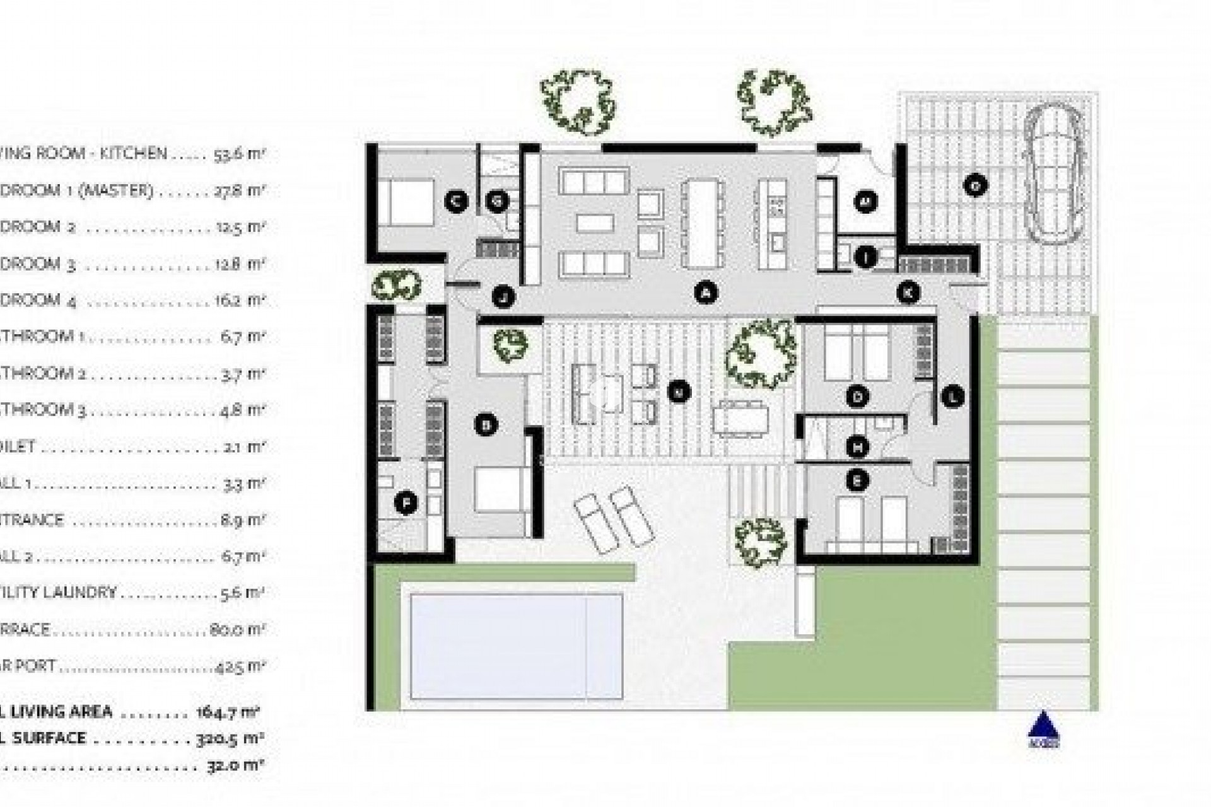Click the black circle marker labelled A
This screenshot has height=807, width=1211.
pos(706,293)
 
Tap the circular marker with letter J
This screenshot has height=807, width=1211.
pos(503,296)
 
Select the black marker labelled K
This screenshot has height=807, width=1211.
pos(908,293)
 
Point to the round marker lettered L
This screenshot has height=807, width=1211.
pos(952,397)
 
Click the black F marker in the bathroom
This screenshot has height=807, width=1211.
pos(406,503)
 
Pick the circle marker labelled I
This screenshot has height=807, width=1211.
pos(866,257)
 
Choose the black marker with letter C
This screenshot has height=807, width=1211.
pos(455,201)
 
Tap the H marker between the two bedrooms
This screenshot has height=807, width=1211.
pos(857,447)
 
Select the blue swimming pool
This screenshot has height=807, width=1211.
pos(516,646)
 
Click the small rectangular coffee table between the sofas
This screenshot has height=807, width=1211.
pos(595,223)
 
